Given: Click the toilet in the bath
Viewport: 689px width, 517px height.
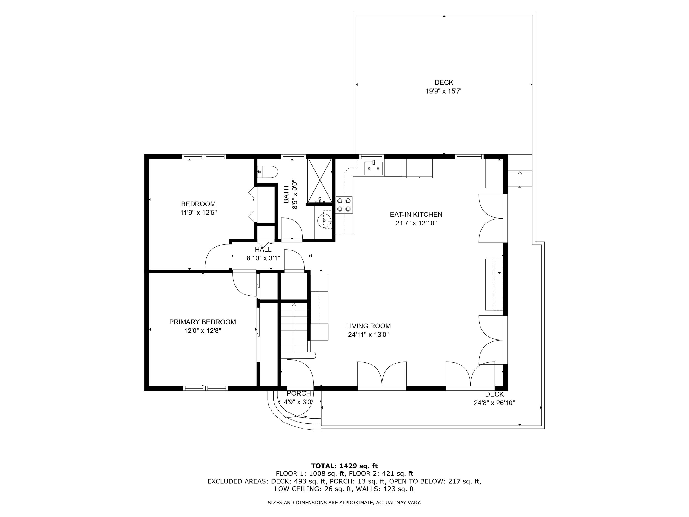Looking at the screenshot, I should (268, 171).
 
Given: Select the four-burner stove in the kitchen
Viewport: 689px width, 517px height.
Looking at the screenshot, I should (344, 205).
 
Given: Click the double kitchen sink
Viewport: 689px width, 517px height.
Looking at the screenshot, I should (374, 169).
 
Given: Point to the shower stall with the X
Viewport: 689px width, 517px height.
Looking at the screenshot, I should (320, 181).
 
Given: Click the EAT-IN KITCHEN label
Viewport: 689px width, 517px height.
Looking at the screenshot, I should (416, 214).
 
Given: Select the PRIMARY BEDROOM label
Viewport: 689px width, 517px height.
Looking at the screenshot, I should (203, 322).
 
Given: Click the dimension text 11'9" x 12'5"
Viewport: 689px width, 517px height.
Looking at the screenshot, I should (198, 213).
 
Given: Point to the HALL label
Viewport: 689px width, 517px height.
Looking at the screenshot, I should (263, 249).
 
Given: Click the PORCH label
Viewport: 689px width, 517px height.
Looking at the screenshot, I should (299, 393).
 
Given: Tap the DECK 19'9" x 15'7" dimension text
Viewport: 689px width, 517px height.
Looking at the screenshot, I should (444, 91).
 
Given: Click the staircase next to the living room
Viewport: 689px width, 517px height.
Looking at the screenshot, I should (294, 327).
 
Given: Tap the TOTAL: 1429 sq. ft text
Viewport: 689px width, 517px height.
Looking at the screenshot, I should (344, 466).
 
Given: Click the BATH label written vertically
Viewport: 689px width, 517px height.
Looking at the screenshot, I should (286, 194).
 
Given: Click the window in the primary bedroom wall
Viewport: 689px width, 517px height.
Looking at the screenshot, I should (205, 388).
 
